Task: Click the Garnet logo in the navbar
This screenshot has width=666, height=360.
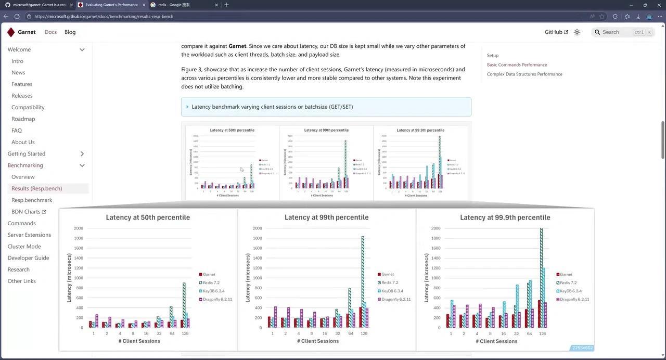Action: (11, 32)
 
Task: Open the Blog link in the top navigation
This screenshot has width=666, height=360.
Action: (70, 32)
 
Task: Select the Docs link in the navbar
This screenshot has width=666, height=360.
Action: (50, 32)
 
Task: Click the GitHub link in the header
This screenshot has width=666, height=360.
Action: (556, 32)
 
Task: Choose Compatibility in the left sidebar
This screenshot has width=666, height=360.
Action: (28, 107)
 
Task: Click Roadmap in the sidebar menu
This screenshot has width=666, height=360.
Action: (23, 119)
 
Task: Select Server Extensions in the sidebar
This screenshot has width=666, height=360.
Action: (29, 235)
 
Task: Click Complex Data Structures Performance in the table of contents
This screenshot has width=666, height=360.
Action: (524, 74)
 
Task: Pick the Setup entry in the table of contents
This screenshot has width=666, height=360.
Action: (493, 55)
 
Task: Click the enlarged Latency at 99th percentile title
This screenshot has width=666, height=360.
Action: (326, 217)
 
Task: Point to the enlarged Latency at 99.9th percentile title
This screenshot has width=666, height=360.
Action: (505, 217)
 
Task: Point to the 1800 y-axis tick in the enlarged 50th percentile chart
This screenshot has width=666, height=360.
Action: (79, 238)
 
